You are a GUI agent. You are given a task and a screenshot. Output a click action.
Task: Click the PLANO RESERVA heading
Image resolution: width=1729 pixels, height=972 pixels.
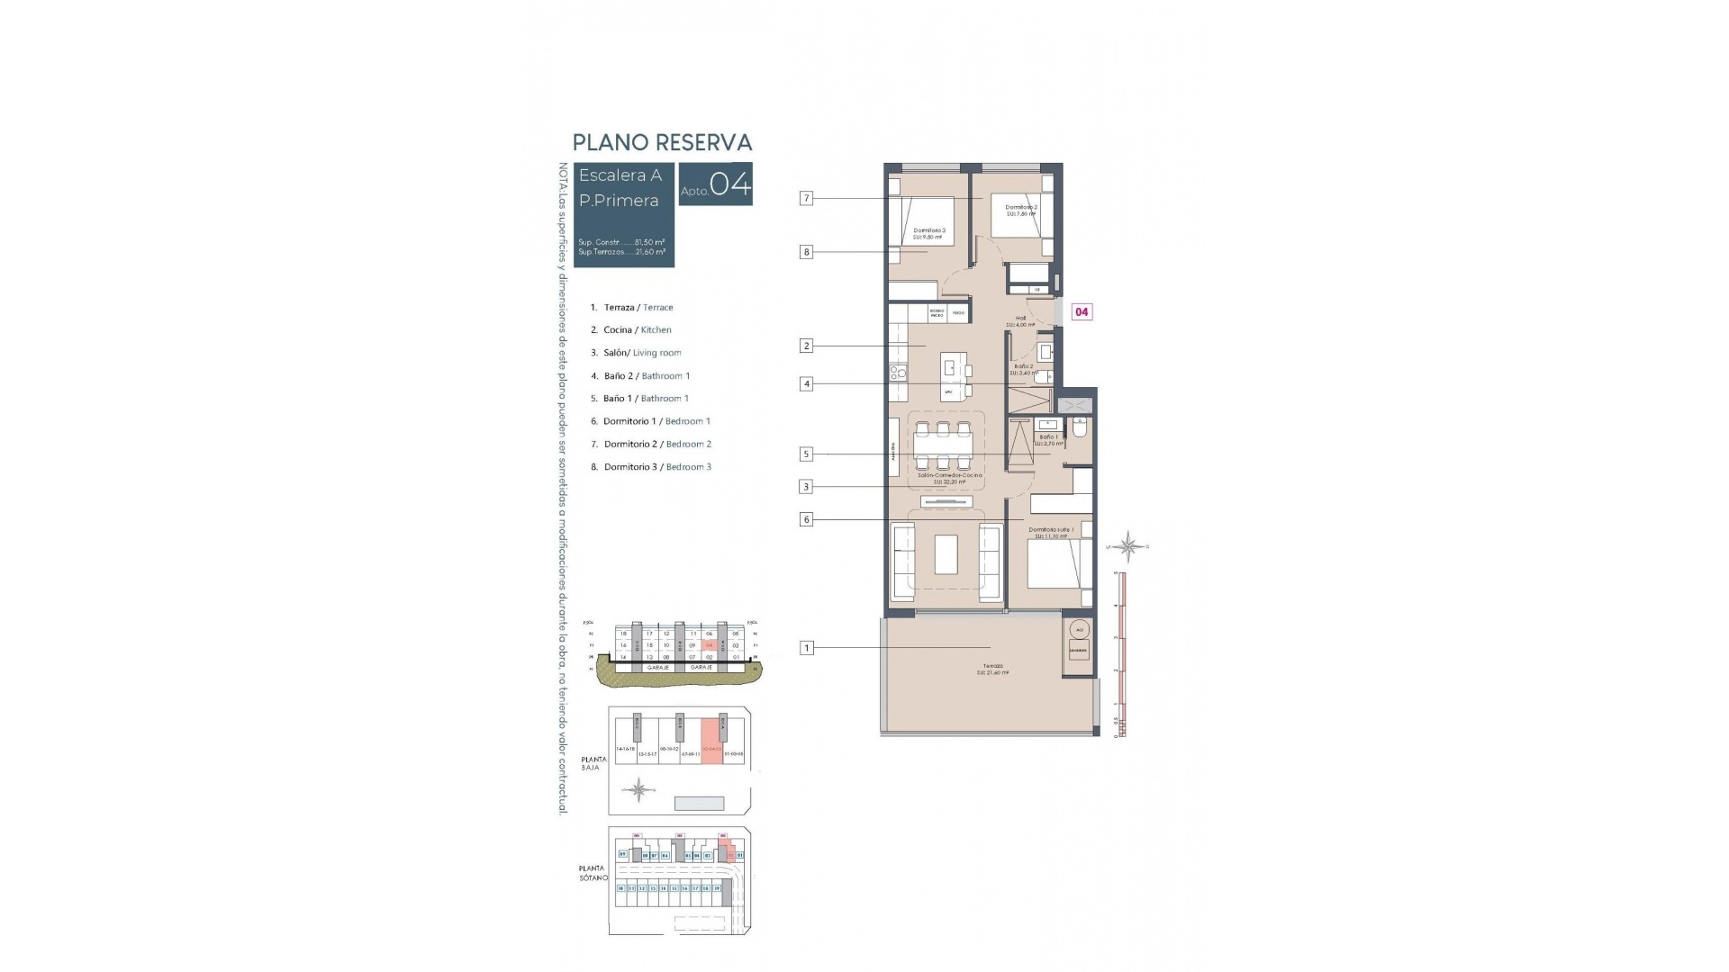(662, 142)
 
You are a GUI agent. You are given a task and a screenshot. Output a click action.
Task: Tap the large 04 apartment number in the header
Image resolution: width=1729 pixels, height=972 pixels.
(729, 184)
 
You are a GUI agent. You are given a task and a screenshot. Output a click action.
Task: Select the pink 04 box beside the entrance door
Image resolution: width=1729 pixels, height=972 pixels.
(1082, 312)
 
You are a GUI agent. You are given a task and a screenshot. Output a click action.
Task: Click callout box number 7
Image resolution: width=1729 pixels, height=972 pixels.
(806, 198)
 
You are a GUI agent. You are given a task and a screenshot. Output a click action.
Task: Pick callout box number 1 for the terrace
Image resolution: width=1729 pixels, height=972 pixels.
(806, 647)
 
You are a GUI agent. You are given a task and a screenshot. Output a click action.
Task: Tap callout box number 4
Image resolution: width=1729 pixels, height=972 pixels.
(806, 384)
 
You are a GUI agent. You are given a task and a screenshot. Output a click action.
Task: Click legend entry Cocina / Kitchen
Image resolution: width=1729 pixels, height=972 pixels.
(637, 330)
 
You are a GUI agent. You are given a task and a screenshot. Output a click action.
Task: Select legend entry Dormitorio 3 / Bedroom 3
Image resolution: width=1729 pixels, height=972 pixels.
(657, 467)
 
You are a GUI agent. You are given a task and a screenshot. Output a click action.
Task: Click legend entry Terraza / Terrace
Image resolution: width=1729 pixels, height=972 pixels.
(638, 308)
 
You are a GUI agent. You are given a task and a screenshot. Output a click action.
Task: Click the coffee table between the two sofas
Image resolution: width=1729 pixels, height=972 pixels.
(946, 554)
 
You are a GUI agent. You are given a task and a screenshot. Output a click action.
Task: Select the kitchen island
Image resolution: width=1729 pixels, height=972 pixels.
(951, 376)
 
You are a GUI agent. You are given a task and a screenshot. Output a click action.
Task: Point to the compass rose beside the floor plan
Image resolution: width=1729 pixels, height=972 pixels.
(1128, 546)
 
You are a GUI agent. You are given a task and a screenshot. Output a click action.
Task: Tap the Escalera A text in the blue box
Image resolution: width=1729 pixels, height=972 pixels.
(620, 175)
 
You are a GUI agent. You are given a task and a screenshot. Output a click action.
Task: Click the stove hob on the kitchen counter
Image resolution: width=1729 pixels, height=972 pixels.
(897, 370)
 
